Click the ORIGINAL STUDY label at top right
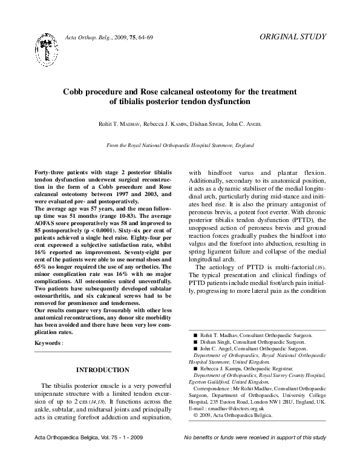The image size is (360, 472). tap(292, 37)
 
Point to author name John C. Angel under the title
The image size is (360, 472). tap(241, 124)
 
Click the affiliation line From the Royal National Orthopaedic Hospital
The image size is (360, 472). tap(180, 146)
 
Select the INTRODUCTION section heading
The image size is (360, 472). tap(102, 370)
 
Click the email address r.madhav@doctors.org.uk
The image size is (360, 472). tap(233, 409)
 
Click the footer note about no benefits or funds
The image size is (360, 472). tap(255, 454)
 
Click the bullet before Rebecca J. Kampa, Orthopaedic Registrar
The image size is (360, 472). tap(195, 368)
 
